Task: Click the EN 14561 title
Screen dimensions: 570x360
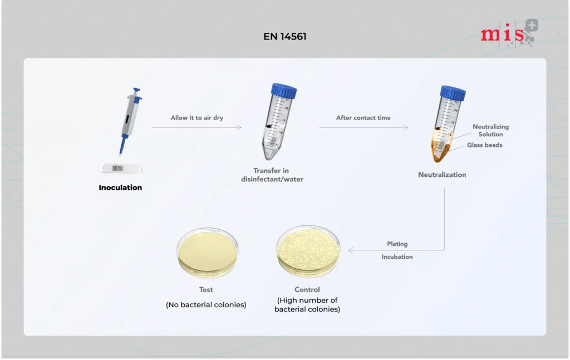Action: click(284, 36)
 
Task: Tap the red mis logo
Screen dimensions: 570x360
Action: click(509, 33)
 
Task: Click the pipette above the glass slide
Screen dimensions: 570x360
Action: click(130, 122)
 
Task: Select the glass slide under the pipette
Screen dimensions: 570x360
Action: click(122, 168)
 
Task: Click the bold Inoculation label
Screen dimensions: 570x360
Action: click(120, 188)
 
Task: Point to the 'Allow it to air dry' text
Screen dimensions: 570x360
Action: click(196, 118)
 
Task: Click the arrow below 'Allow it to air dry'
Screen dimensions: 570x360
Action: click(196, 127)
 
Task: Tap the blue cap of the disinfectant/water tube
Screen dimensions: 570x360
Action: click(283, 91)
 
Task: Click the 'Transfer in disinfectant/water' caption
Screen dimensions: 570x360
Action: click(272, 175)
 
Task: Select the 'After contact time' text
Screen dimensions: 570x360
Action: click(363, 118)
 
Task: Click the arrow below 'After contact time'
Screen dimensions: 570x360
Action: click(363, 127)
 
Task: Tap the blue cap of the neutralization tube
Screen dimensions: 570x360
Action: click(453, 92)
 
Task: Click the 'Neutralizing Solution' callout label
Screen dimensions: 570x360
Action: click(490, 130)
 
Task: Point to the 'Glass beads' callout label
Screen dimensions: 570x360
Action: click(485, 145)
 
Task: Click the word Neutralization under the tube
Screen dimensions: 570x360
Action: click(441, 175)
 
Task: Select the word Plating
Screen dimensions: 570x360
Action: click(397, 244)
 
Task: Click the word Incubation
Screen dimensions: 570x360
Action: click(397, 257)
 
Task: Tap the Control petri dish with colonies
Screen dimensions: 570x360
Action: click(308, 251)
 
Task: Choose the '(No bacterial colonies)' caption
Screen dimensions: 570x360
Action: click(206, 305)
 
